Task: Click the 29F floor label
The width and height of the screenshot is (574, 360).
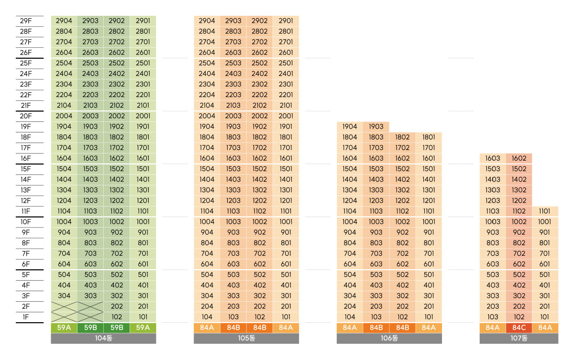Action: click(x=26, y=21)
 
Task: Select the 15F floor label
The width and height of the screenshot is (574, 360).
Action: click(x=26, y=169)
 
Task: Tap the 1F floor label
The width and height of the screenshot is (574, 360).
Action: click(x=26, y=317)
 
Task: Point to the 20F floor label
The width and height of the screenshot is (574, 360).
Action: click(x=26, y=116)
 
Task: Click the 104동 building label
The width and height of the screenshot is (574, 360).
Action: click(x=103, y=338)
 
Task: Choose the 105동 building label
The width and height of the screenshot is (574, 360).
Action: click(x=246, y=338)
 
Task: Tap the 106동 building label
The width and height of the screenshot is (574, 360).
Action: click(x=389, y=338)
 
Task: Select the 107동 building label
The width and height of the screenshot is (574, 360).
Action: click(x=519, y=338)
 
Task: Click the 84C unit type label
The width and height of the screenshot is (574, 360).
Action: click(x=519, y=327)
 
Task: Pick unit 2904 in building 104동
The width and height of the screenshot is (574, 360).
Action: click(x=64, y=21)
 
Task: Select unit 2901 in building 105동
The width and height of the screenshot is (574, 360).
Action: click(x=286, y=21)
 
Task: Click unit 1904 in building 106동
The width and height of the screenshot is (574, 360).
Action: click(x=350, y=127)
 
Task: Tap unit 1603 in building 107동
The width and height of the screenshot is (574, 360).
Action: click(x=493, y=158)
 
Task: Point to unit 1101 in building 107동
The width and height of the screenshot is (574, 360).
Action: click(x=544, y=211)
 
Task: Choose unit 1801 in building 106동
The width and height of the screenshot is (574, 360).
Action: click(x=429, y=137)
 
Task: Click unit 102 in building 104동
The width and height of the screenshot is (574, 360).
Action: click(x=116, y=317)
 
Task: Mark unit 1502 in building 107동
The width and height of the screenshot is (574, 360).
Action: click(x=519, y=169)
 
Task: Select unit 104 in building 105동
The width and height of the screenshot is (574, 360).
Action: click(x=207, y=317)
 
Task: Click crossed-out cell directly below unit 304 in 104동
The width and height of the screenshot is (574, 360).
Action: click(x=64, y=306)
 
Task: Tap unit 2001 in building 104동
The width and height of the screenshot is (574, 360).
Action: click(x=143, y=116)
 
